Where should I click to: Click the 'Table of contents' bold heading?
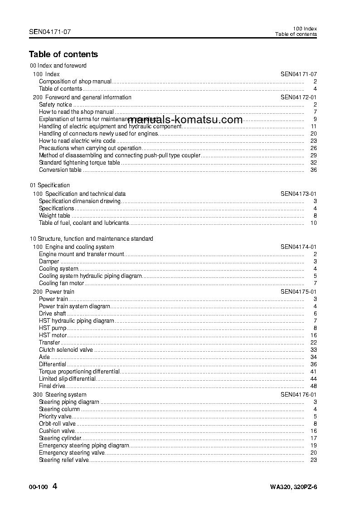coord(63,54)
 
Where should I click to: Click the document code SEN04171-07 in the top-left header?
coord(49,32)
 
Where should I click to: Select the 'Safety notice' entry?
coord(55,105)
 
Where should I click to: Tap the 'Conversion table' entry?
coord(60,170)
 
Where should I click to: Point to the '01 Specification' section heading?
coord(50,185)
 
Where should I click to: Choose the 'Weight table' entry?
coord(54,216)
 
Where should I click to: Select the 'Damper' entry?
coord(49,262)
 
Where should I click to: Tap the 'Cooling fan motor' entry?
coord(62,283)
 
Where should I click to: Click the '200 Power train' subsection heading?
coord(54,292)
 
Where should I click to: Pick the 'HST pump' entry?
coord(53,328)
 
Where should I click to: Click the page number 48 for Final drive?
coord(313,386)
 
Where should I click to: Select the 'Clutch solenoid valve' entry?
coord(66,350)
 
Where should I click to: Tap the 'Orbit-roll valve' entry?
coord(57,424)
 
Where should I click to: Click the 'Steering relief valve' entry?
coord(64,460)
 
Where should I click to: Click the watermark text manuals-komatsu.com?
coord(185,120)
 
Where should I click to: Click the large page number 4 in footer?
coord(55,487)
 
